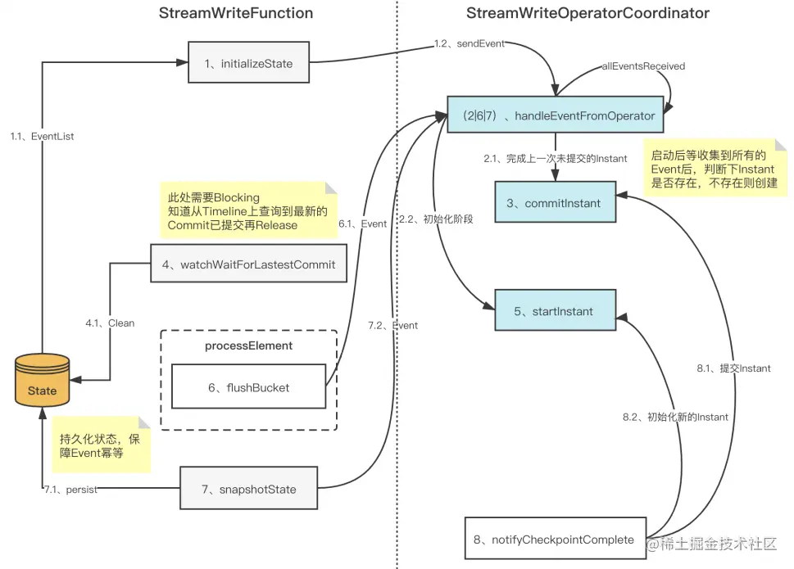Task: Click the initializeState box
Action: tap(248, 62)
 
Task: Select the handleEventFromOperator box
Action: tap(555, 115)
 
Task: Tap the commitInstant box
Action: tap(555, 201)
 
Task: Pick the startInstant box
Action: tap(555, 310)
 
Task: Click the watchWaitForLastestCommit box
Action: tap(248, 264)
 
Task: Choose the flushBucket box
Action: tap(248, 386)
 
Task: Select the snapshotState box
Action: tap(248, 488)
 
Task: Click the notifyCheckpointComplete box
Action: tap(556, 538)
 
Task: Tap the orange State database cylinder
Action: tap(42, 380)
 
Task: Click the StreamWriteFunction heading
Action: tap(236, 13)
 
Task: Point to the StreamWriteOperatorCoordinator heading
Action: tap(588, 13)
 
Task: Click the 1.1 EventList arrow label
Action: tap(42, 136)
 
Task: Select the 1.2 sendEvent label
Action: tap(470, 43)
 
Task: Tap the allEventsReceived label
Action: tap(643, 66)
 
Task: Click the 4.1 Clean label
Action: tap(110, 323)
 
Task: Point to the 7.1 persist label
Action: tap(70, 490)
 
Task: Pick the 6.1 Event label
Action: tap(362, 224)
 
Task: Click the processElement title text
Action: tap(248, 345)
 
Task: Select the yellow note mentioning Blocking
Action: tap(248, 210)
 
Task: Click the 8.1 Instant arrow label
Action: tap(733, 368)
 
